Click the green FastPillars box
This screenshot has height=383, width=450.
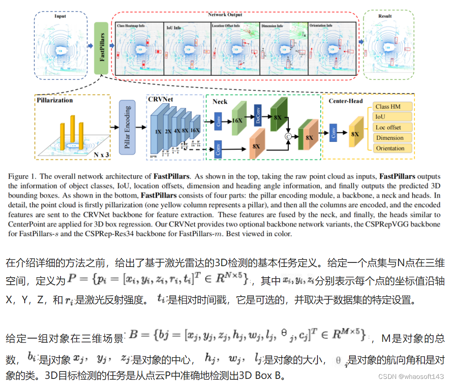coord(101,48)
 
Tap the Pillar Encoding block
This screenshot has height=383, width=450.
coord(127,127)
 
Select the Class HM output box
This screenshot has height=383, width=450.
coord(392,107)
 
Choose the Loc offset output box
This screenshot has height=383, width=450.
coord(392,127)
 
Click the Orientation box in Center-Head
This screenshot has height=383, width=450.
coord(392,148)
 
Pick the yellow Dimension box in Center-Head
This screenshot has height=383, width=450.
coord(392,138)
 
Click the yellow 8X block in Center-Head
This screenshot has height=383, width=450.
coord(354,134)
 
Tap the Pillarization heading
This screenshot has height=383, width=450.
coord(54,100)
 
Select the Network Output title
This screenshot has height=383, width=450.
coord(225,14)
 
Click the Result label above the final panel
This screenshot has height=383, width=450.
coord(385,16)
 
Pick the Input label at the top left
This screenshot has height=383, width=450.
coord(60,16)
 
